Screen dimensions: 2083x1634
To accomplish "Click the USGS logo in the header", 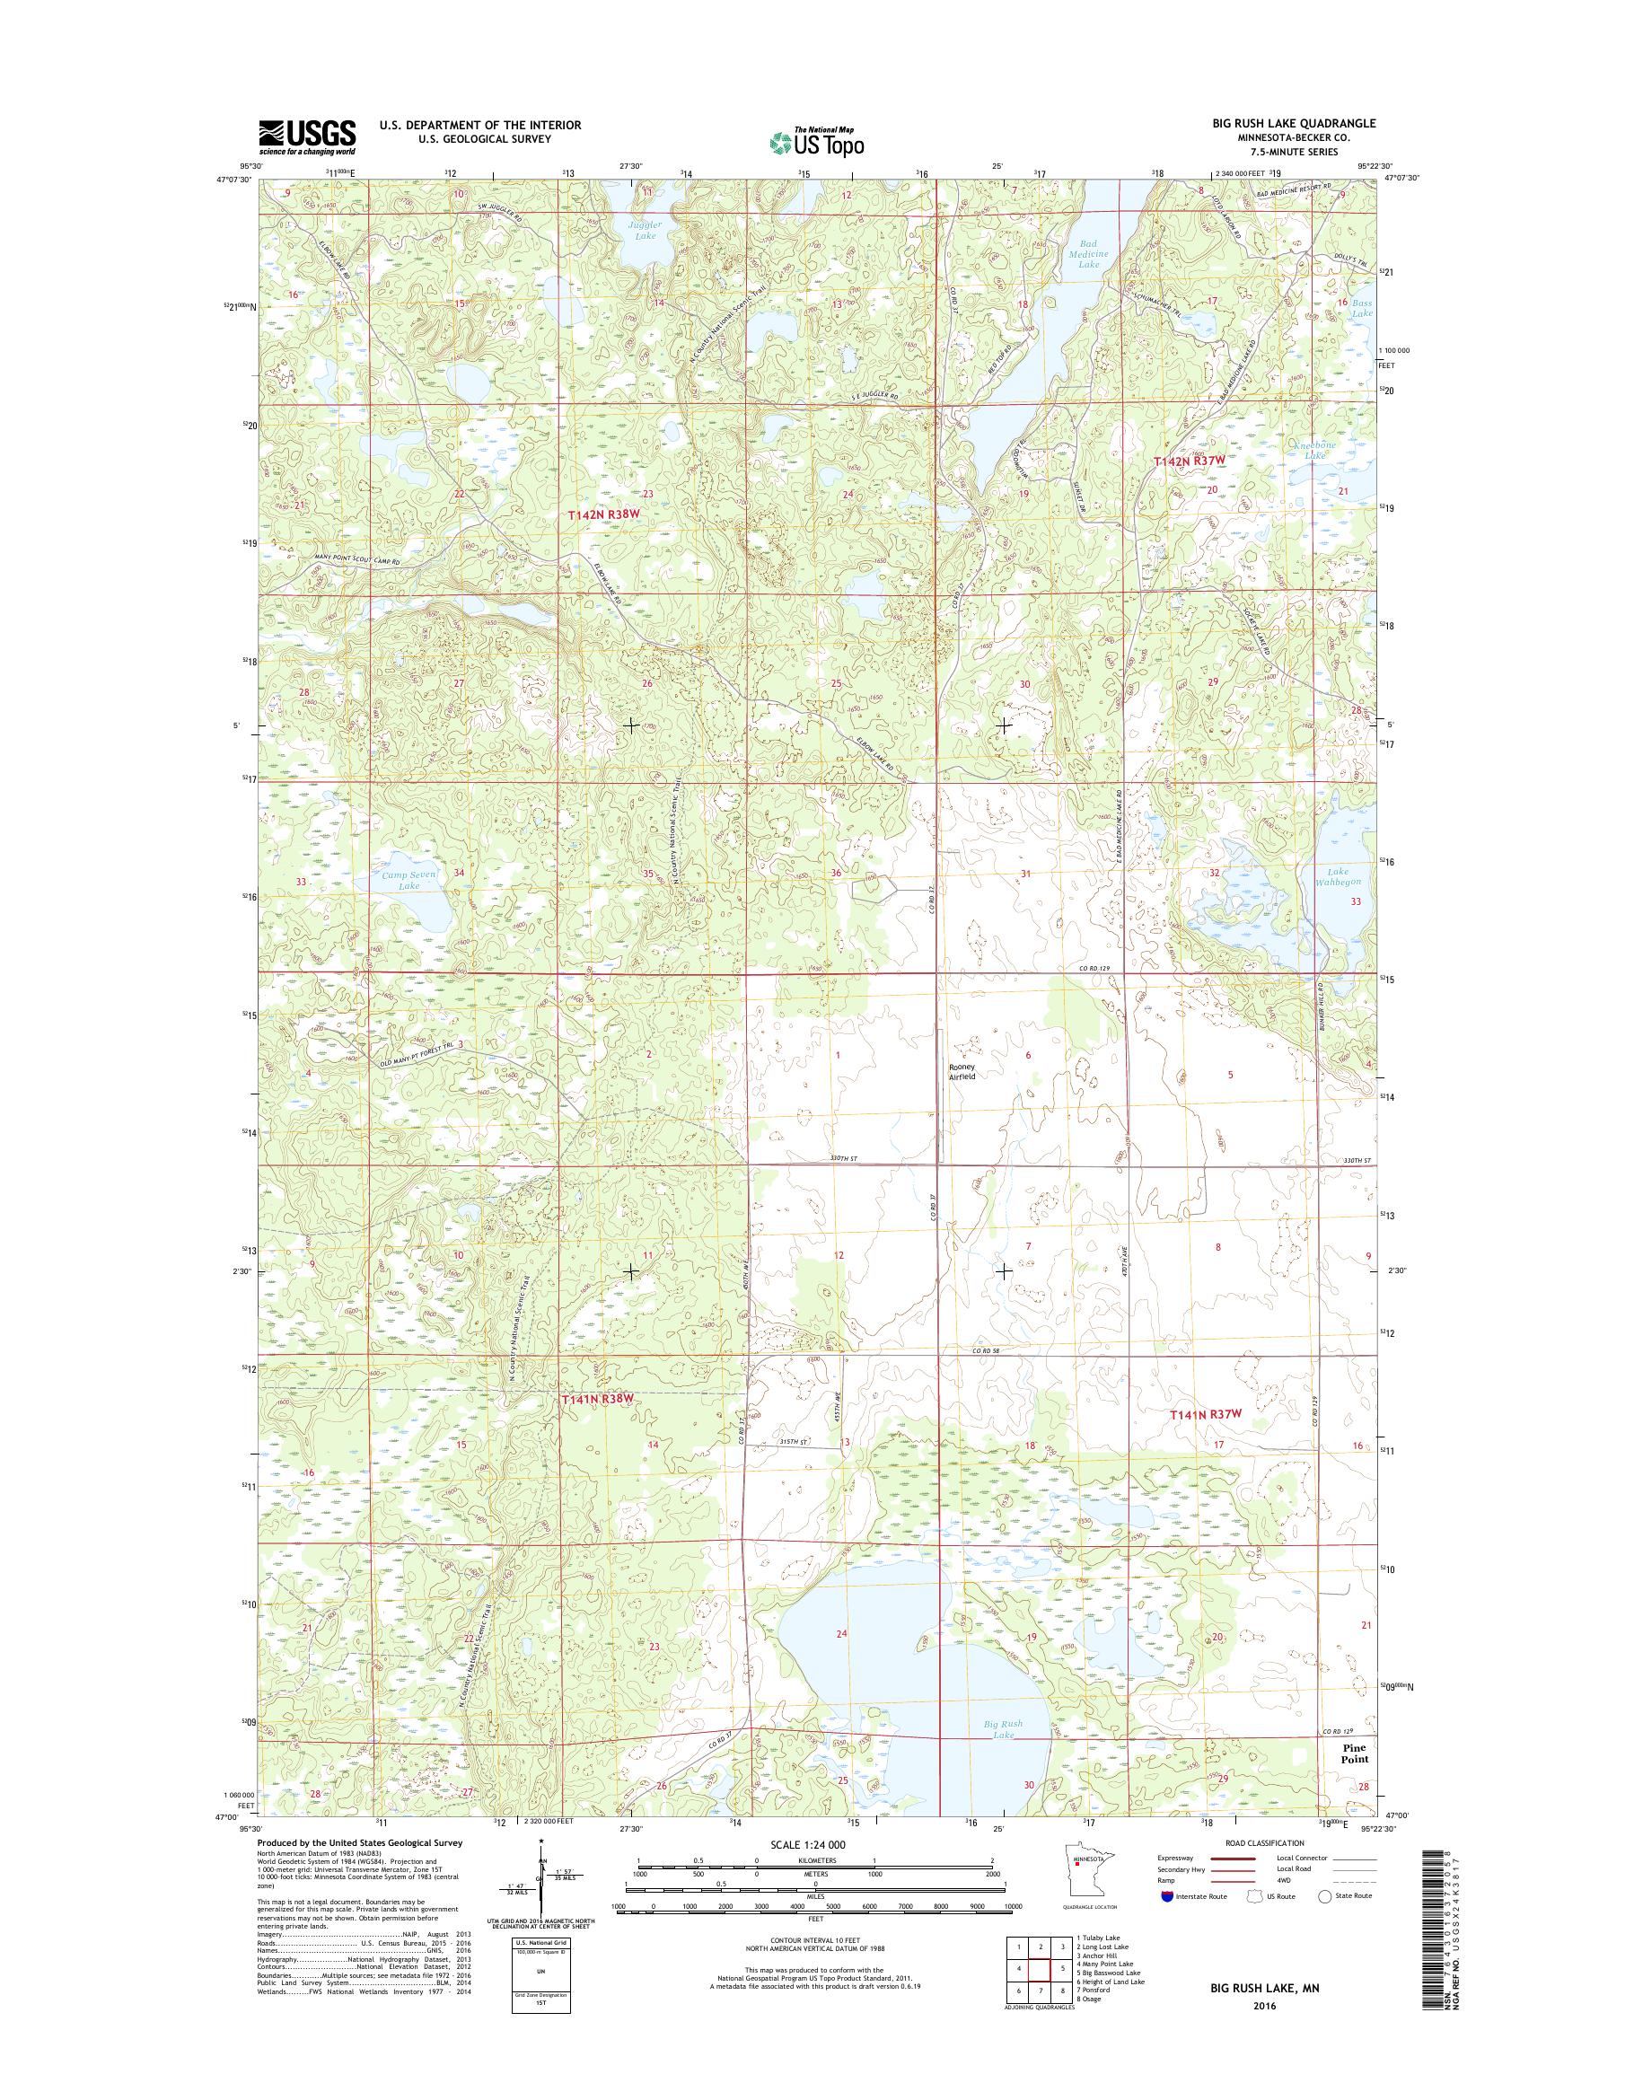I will pos(306,136).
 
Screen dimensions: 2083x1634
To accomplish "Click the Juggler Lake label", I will pos(645,229).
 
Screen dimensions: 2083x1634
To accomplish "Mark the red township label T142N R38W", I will pos(602,514).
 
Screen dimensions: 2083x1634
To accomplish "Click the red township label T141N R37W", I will pos(1207,1413).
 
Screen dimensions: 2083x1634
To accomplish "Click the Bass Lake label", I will pos(1362,308).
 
